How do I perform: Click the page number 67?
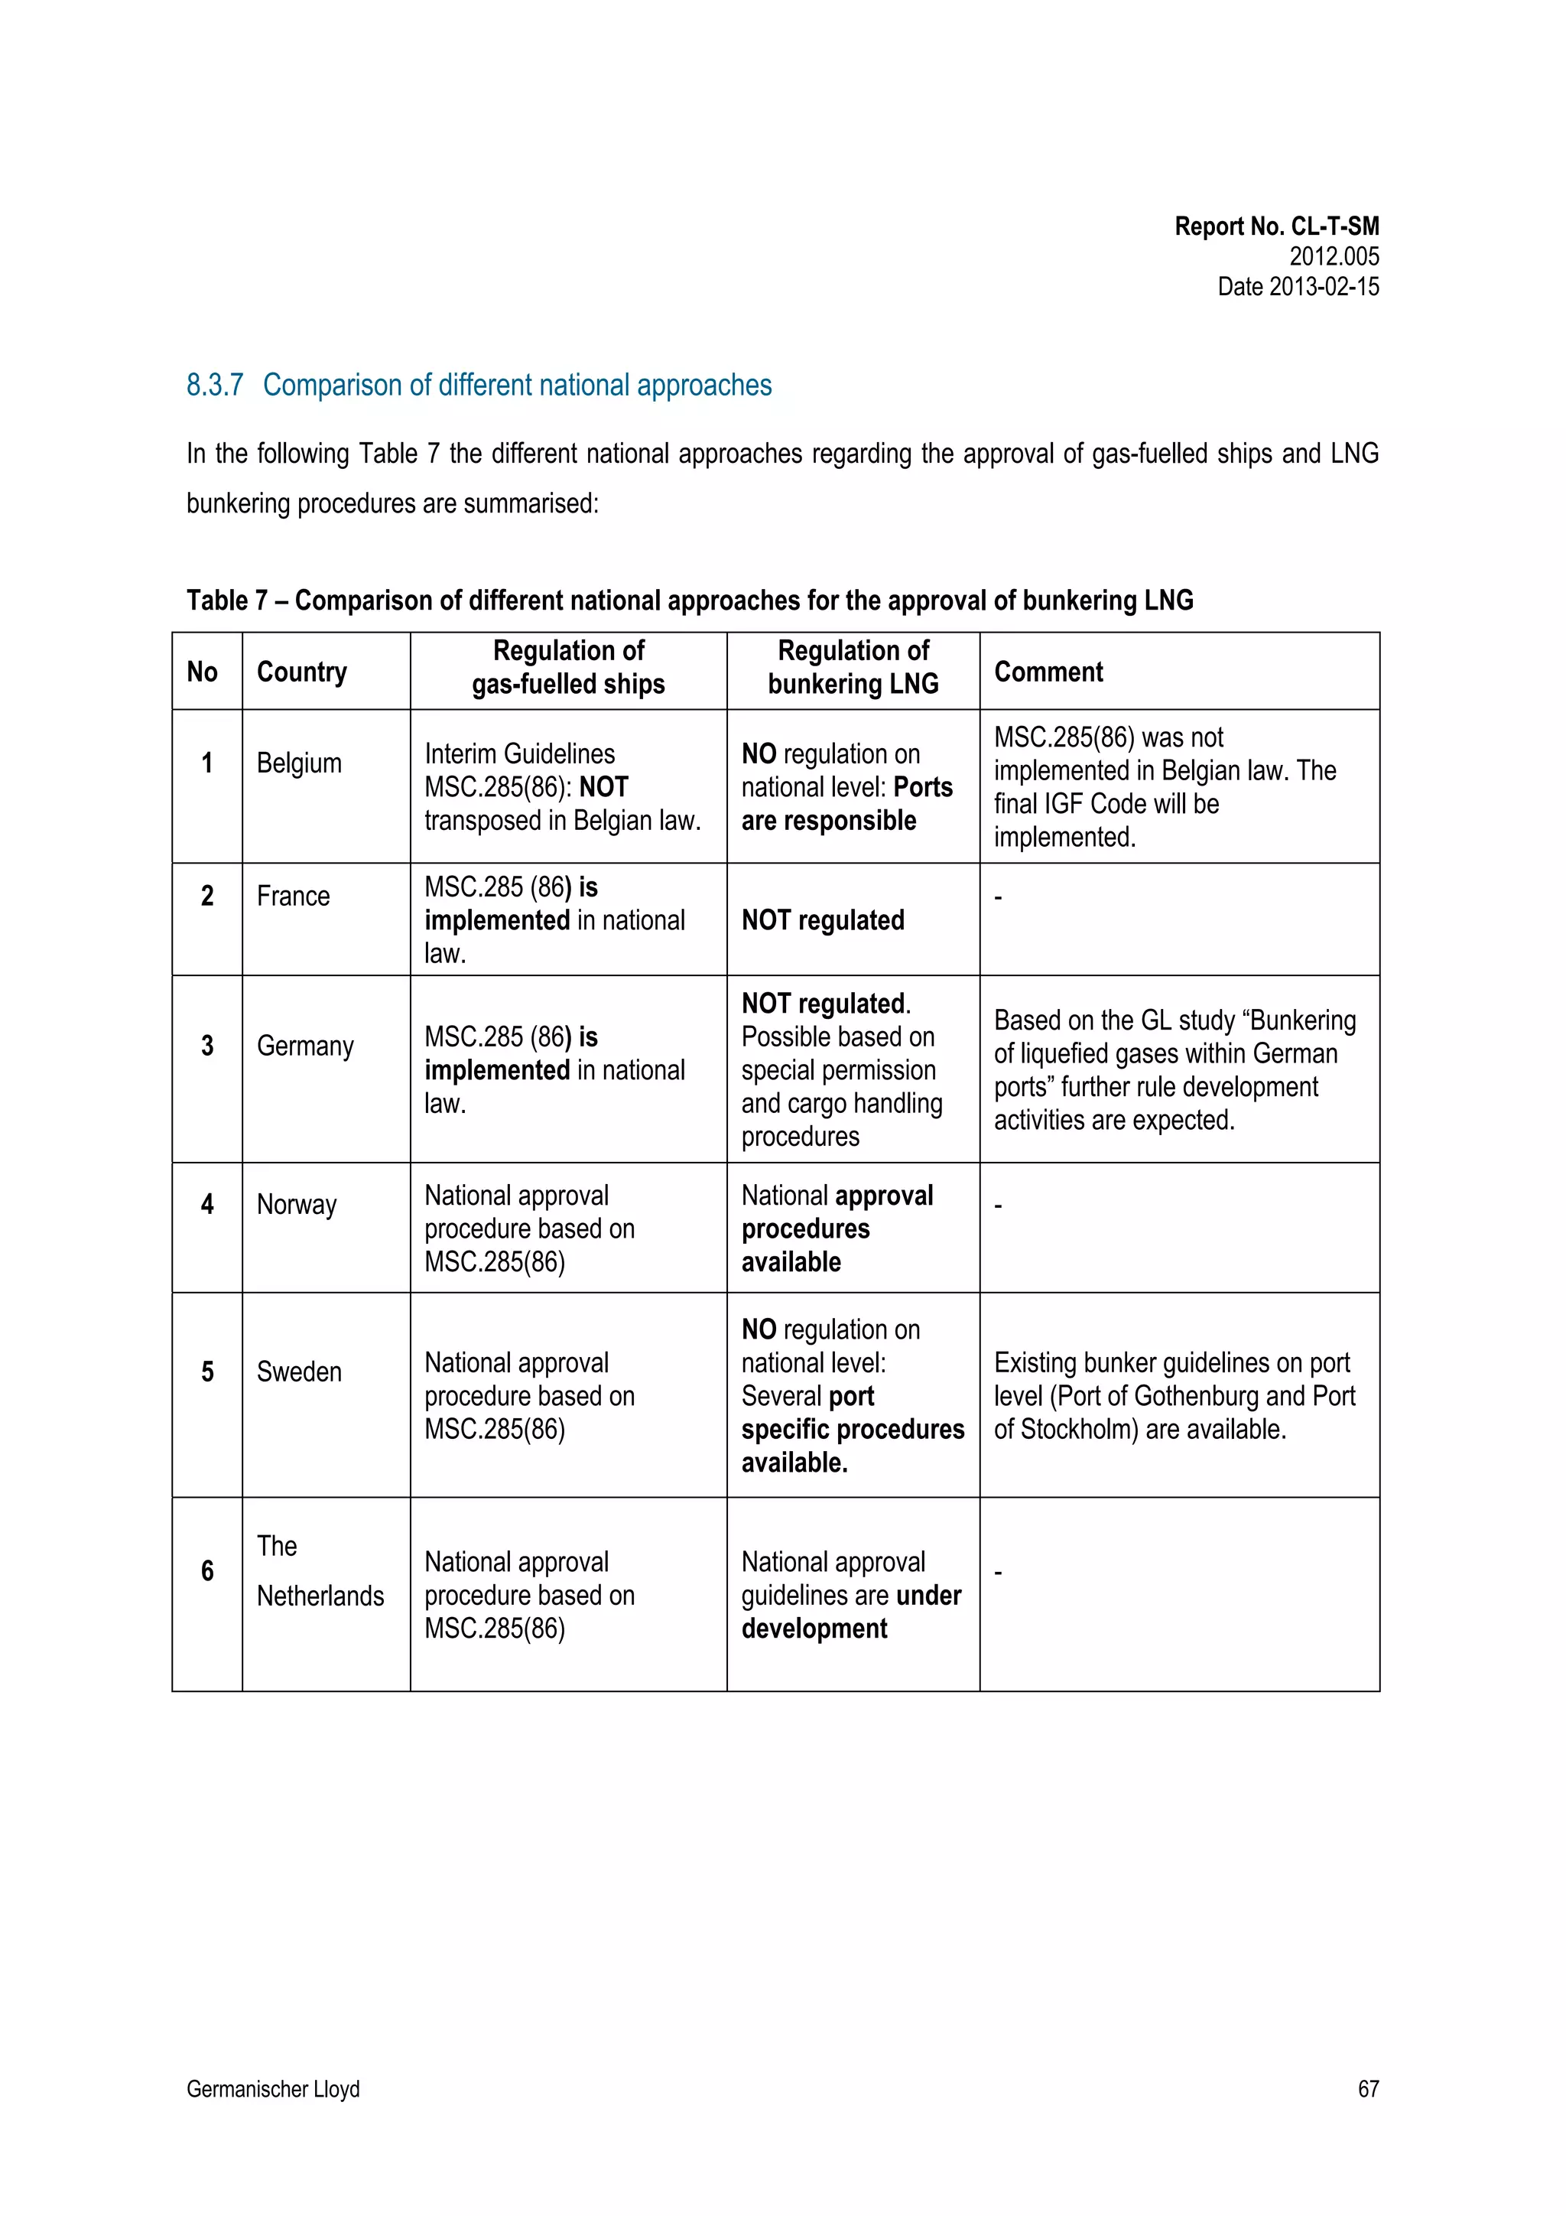pos(1367,2088)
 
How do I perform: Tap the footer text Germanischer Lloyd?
pos(273,2088)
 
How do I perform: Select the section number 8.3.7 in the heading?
pos(214,385)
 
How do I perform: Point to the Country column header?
pos(301,672)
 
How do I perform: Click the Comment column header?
pos(1048,672)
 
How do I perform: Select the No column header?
pos(203,672)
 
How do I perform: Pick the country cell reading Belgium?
pos(299,763)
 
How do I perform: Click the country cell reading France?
pos(294,896)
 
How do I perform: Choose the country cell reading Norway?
pos(296,1205)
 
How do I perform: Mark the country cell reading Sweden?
pos(299,1372)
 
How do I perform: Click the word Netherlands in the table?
pos(320,1596)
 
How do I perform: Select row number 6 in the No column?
pos(206,1570)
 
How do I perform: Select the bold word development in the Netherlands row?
pos(814,1629)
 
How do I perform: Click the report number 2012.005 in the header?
pos(1334,257)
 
